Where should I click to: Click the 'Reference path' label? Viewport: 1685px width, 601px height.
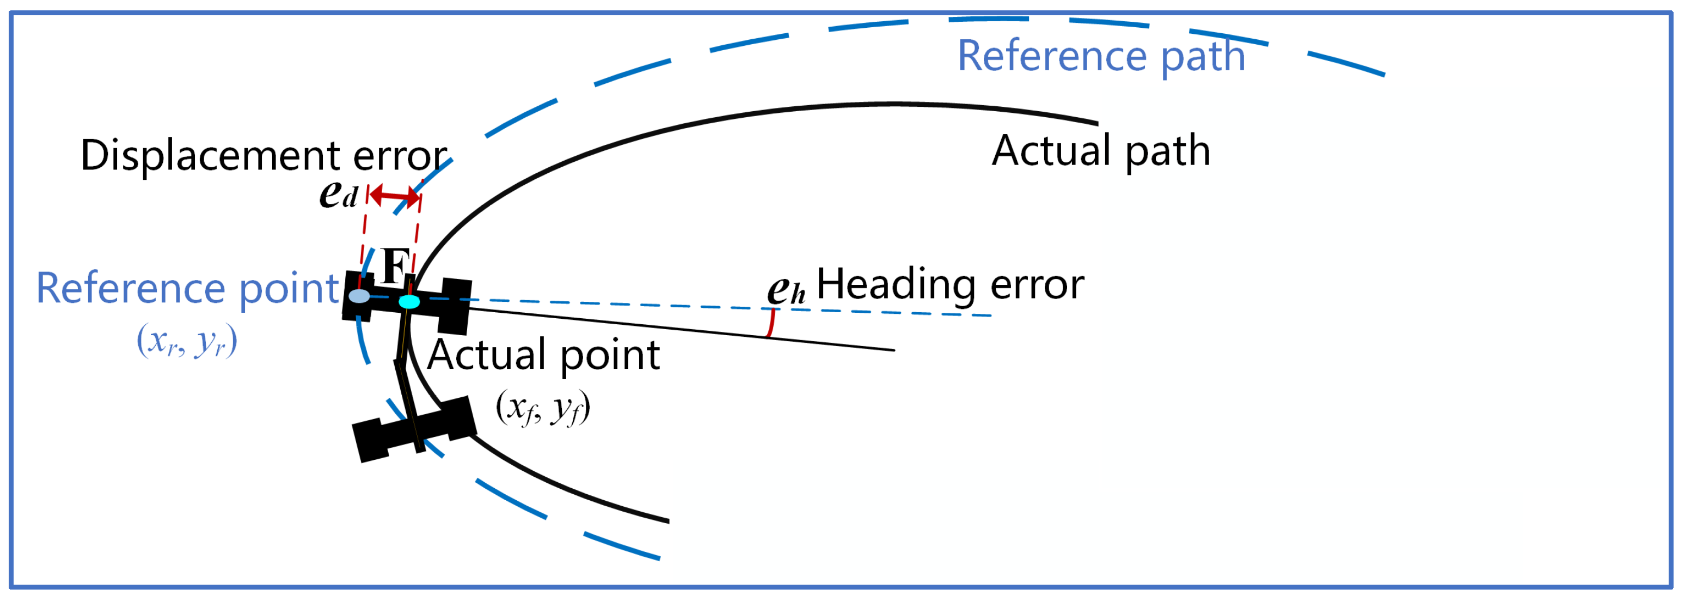tap(1101, 56)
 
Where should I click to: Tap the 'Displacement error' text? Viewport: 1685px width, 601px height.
tap(264, 156)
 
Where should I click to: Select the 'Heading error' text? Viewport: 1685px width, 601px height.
tap(950, 285)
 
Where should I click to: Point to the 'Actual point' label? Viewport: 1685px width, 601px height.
tap(543, 355)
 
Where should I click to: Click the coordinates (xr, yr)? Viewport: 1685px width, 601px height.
tap(186, 341)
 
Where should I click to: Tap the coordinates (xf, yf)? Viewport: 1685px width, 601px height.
tap(543, 408)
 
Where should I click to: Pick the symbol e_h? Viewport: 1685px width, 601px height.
tap(786, 289)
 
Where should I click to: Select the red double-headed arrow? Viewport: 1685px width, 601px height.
tap(394, 196)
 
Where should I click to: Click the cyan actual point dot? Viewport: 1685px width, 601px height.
tap(409, 302)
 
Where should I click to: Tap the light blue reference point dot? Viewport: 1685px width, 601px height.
tap(359, 296)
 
